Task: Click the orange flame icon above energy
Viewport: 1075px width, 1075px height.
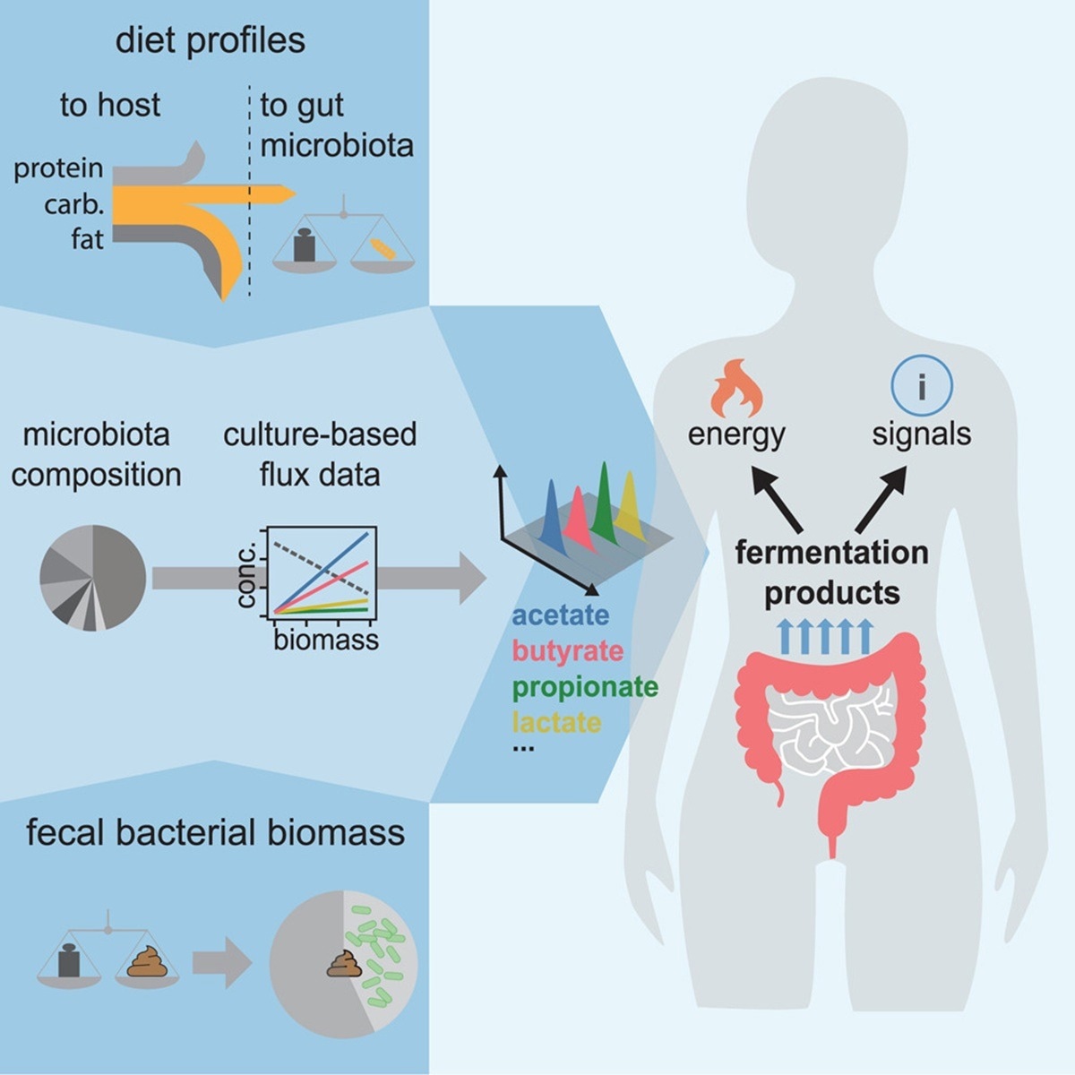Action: click(x=736, y=388)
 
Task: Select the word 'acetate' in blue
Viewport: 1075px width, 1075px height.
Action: click(x=560, y=615)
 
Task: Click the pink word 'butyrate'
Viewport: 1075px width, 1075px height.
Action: click(x=567, y=651)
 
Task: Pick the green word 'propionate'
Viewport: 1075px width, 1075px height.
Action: click(x=585, y=687)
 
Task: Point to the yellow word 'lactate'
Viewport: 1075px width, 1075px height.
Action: click(x=556, y=722)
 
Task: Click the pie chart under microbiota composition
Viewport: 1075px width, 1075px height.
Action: click(x=92, y=578)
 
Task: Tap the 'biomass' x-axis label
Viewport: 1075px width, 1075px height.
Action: click(x=325, y=640)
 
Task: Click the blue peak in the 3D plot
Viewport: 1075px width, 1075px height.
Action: click(x=551, y=515)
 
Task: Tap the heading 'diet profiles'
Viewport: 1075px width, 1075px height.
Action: click(x=210, y=41)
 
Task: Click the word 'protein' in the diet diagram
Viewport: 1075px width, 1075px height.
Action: click(x=58, y=168)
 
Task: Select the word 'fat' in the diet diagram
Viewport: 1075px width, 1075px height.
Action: click(x=87, y=239)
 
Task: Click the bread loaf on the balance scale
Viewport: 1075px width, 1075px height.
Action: click(x=382, y=249)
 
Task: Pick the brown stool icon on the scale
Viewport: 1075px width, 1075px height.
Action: click(x=147, y=963)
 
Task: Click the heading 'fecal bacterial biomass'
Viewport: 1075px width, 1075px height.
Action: click(x=215, y=833)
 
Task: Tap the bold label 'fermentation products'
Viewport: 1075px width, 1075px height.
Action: click(x=831, y=572)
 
